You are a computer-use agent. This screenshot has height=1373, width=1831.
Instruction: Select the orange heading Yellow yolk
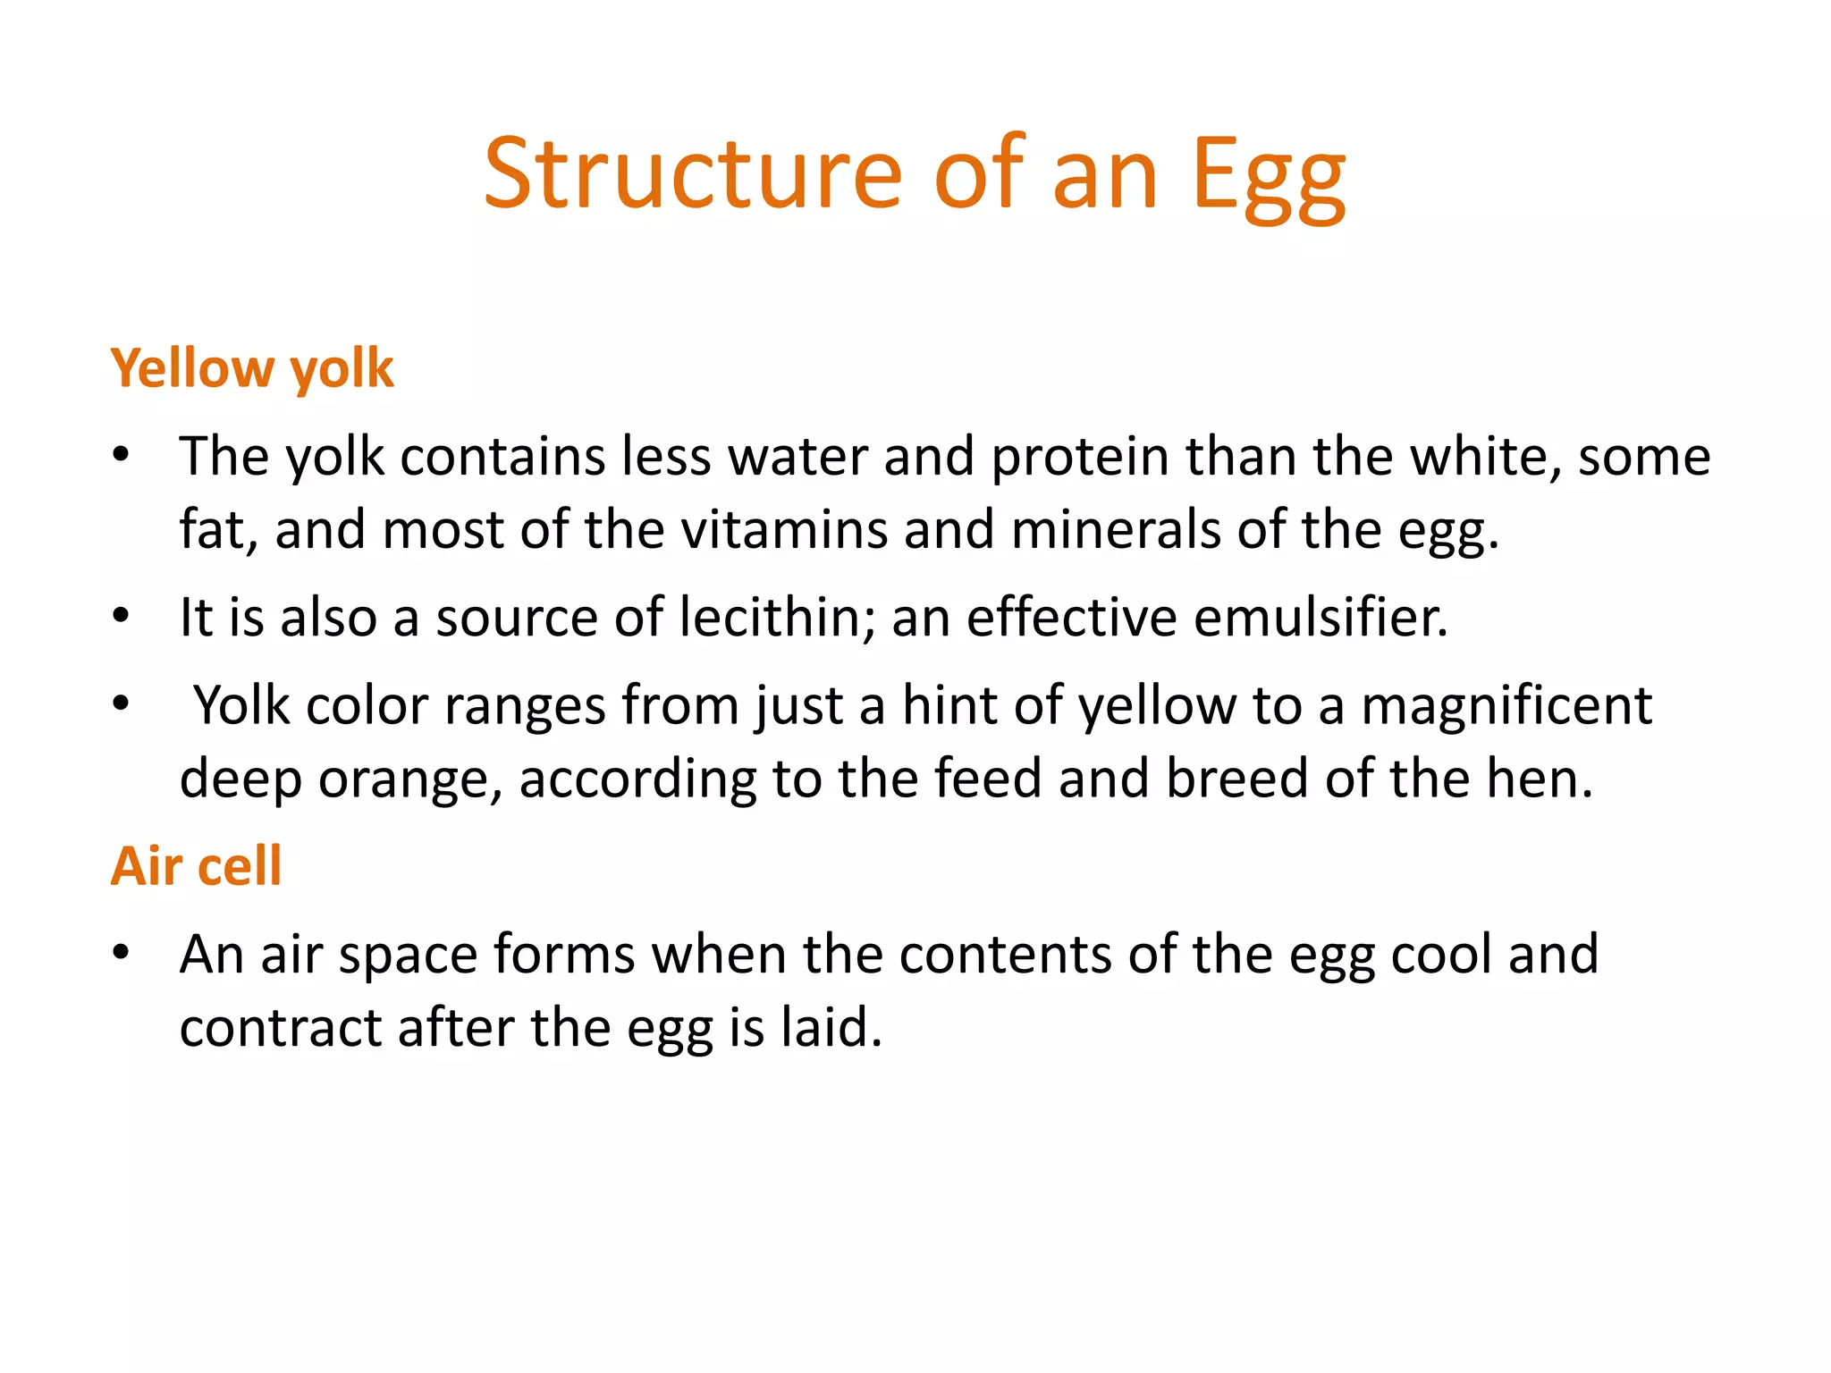[x=252, y=368]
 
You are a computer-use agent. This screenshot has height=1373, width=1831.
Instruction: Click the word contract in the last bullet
[x=281, y=1027]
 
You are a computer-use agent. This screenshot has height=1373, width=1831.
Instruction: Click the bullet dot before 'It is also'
[x=122, y=616]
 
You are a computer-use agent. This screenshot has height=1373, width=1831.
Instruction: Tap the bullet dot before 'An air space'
[x=122, y=953]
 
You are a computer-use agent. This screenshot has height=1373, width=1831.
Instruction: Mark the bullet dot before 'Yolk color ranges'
[x=122, y=703]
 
